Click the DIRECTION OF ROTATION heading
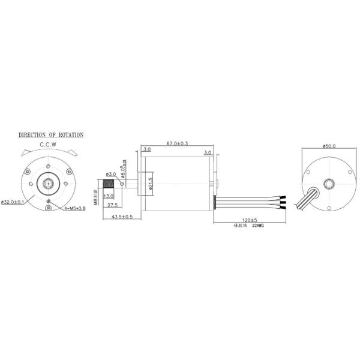pos(50,136)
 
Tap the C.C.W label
pos(49,145)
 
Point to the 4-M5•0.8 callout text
pos(75,208)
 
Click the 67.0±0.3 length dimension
pos(177,143)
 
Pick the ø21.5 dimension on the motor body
pos(151,183)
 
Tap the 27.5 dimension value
pos(112,206)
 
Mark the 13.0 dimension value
pos(109,196)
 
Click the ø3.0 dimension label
pos(110,173)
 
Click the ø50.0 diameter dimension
pos(329,145)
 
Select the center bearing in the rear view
pos(329,184)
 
